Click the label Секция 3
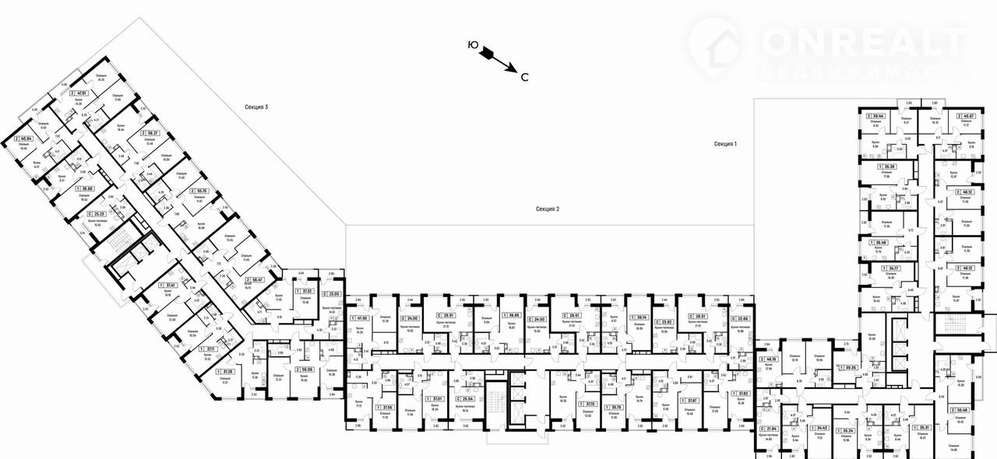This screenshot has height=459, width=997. coord(255,107)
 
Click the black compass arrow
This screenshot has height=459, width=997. coord(497,58)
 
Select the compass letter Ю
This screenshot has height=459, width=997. coord(472,45)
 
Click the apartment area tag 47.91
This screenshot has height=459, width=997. coord(78,93)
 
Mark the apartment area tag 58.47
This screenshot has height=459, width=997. coord(254,279)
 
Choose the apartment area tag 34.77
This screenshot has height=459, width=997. coord(890,268)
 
